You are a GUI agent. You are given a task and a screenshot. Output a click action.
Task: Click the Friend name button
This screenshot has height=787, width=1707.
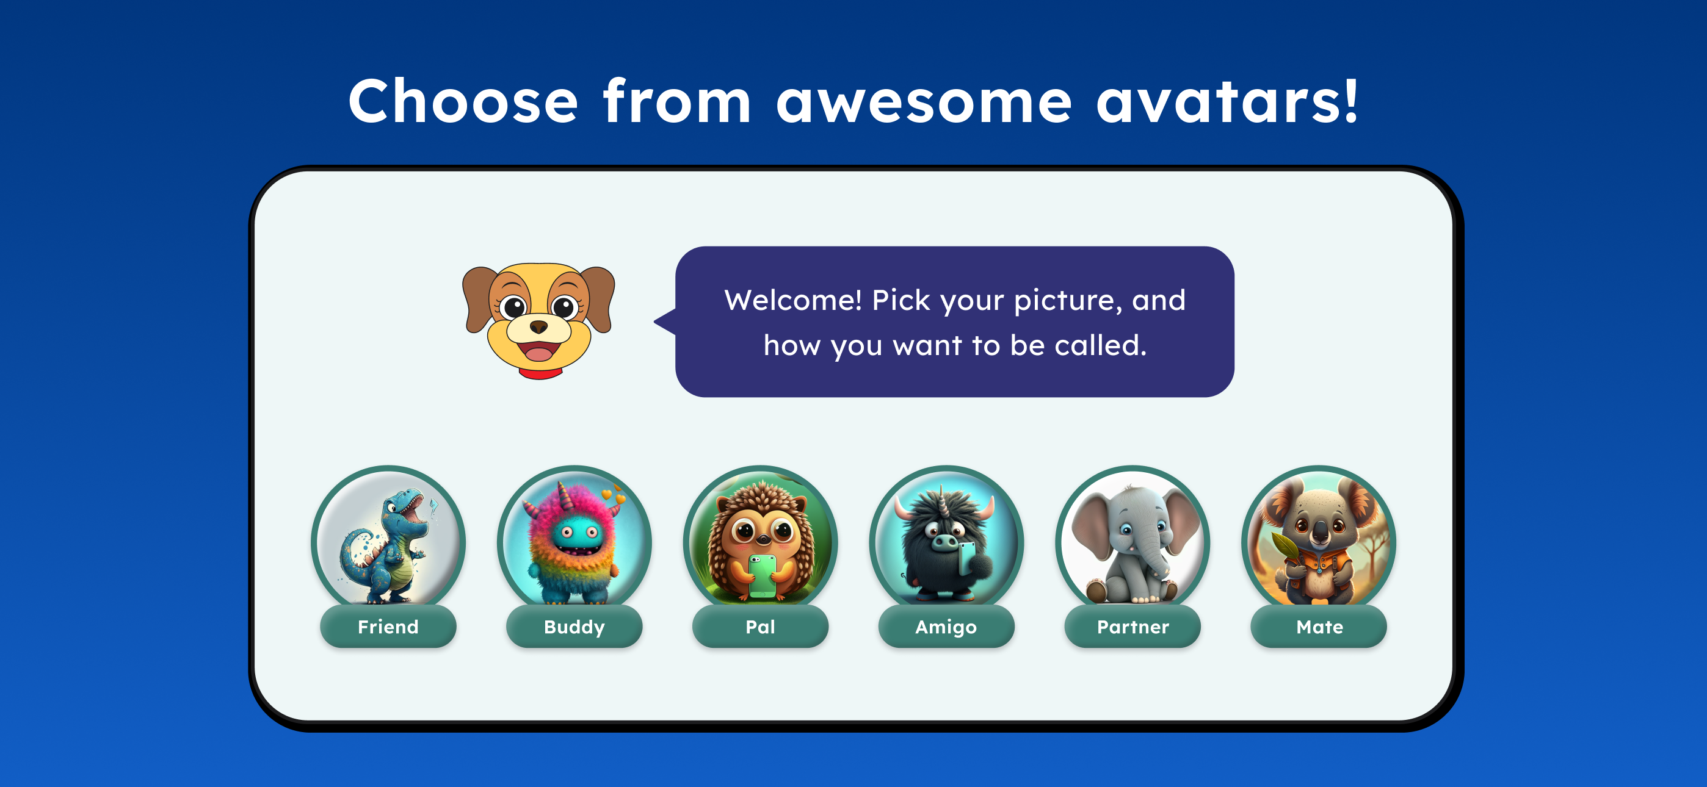[x=388, y=626]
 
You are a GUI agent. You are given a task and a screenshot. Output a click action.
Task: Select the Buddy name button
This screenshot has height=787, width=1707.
[x=574, y=626]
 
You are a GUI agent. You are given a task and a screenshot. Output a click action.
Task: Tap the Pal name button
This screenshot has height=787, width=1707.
[x=761, y=626]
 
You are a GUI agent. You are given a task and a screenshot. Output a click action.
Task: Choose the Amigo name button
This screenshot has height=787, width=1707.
[x=946, y=626]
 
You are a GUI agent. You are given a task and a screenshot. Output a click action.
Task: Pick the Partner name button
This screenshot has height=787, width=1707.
[x=1133, y=626]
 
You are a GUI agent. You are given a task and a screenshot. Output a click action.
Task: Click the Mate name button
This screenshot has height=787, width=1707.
[x=1319, y=626]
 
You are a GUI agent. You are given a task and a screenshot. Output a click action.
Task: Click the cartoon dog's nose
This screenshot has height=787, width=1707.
[x=538, y=326]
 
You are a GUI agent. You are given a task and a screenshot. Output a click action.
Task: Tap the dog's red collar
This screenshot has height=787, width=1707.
[x=540, y=373]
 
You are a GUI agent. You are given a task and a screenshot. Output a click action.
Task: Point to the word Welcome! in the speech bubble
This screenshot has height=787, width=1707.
[x=793, y=300]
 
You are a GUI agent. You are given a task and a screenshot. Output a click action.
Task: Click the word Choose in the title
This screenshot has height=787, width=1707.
[x=463, y=101]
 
